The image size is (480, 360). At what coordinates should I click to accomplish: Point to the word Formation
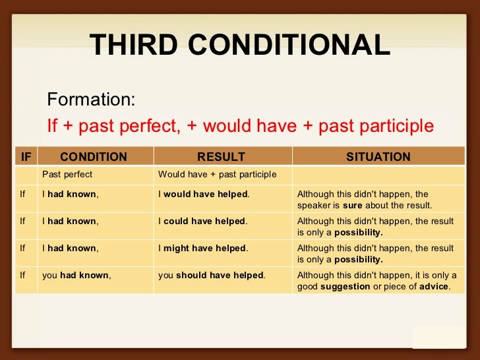[91, 101]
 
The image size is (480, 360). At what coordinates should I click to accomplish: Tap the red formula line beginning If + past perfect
[240, 125]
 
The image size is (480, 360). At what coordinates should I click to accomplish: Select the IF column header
[26, 157]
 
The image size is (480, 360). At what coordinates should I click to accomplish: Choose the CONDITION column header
[94, 157]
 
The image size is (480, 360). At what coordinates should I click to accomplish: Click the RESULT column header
[221, 157]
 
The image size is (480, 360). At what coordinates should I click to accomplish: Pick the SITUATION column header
[378, 157]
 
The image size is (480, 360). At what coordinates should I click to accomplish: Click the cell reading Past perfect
[67, 175]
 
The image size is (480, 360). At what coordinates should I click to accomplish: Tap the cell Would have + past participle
[217, 175]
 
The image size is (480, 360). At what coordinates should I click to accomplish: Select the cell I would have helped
[203, 195]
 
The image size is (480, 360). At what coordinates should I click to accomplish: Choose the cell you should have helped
[212, 276]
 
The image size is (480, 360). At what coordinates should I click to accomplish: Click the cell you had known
[76, 276]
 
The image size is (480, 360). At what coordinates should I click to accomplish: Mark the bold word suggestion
[345, 287]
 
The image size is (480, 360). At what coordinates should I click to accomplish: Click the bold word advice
[434, 287]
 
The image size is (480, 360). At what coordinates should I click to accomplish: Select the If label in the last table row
[22, 276]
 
